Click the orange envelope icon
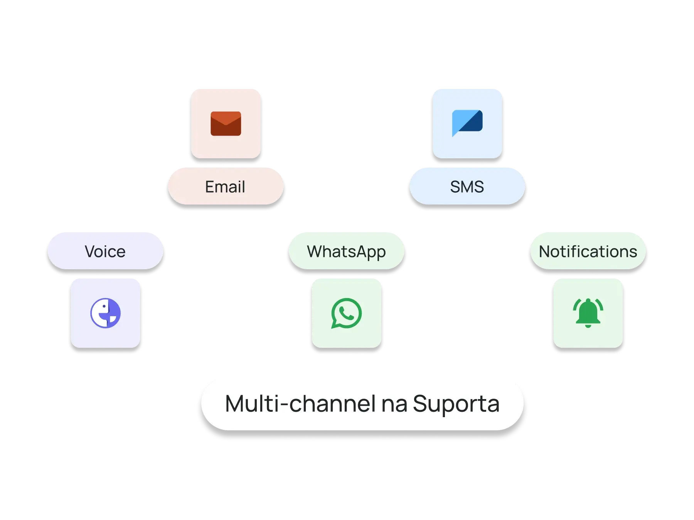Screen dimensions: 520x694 click(226, 124)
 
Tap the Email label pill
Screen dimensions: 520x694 click(226, 186)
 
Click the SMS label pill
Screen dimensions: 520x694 click(467, 186)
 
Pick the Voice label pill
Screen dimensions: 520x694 click(105, 251)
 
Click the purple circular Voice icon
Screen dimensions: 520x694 click(105, 313)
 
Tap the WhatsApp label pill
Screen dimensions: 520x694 click(346, 251)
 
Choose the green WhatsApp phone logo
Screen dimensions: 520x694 click(346, 313)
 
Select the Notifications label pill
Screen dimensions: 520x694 click(588, 251)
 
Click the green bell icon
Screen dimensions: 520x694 click(588, 312)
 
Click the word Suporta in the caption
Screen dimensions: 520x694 click(456, 404)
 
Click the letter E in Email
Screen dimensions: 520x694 click(210, 187)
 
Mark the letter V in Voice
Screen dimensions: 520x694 click(90, 252)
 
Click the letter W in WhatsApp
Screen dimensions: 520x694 click(316, 252)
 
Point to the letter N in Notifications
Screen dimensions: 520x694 click(545, 252)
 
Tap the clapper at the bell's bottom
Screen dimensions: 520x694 click(588, 326)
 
